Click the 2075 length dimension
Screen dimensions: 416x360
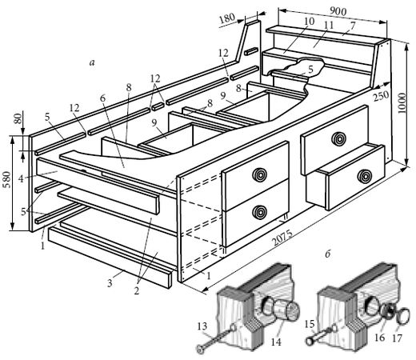282,238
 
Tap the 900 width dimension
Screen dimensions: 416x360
338,11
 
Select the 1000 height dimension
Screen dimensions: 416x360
402,103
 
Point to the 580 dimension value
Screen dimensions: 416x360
7,180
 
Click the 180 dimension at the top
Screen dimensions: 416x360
227,18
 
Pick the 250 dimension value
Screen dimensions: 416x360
382,96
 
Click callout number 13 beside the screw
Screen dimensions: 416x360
202,326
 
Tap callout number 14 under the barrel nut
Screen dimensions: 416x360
276,342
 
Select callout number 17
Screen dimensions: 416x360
397,338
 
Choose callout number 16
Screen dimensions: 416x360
380,338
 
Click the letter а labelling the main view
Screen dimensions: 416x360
92,63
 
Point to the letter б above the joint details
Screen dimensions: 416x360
327,254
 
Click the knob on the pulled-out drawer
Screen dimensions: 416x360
364,177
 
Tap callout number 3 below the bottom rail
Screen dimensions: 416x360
110,283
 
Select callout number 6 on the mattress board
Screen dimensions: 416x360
103,98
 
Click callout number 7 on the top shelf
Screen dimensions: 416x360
353,26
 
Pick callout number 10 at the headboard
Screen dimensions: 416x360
309,22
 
